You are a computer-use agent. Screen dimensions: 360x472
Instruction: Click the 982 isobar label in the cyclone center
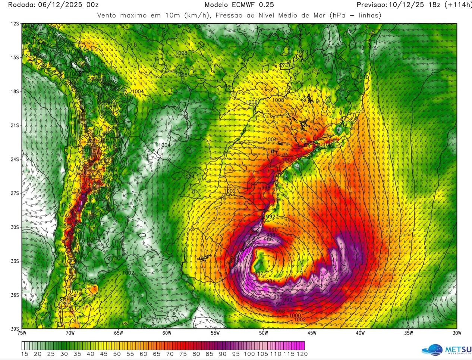[x=259, y=274]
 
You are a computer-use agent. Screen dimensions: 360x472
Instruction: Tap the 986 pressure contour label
[x=268, y=240]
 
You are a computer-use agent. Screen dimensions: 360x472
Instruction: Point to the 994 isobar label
[x=280, y=304]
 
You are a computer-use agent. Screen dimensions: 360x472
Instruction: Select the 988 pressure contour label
[x=271, y=235]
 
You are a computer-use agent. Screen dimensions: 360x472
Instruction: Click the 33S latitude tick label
[x=15, y=261]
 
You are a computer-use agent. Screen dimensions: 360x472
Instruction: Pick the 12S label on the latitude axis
[x=15, y=24]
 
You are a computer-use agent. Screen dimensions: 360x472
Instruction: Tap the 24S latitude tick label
[x=15, y=159]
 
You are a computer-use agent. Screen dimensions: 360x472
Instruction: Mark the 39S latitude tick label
[x=15, y=329]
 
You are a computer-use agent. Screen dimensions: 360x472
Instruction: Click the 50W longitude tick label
[x=264, y=333]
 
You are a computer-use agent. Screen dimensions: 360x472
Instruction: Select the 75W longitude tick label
[x=22, y=333]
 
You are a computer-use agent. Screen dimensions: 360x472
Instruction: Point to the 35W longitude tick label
[x=409, y=333]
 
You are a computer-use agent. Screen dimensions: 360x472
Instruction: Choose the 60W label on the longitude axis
[x=167, y=333]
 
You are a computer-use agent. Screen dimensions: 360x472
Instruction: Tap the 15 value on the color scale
[x=25, y=354]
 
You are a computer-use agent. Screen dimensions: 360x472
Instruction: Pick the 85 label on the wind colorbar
[x=210, y=354]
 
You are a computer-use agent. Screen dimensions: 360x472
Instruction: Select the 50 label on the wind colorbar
[x=117, y=354]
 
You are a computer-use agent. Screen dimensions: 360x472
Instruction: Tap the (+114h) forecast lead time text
[x=458, y=5]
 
